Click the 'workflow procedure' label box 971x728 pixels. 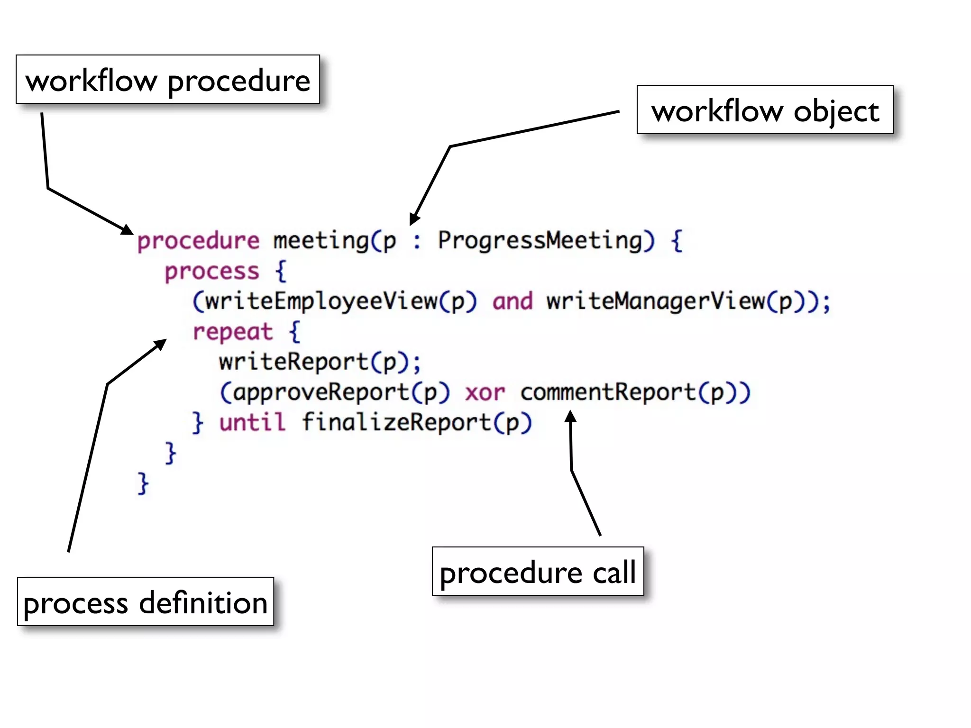[x=168, y=80]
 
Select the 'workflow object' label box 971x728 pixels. [x=765, y=110]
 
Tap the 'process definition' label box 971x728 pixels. [x=146, y=602]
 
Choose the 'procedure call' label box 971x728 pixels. [x=538, y=572]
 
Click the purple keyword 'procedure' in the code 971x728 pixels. [x=198, y=241]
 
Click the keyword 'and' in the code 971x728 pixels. [x=513, y=301]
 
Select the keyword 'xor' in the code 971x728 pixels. [x=485, y=393]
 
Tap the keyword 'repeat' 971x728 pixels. [x=233, y=332]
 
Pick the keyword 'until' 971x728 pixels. [x=253, y=422]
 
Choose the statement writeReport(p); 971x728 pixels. [x=320, y=363]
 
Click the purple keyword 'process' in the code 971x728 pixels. [x=212, y=271]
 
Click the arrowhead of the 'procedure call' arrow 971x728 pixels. [x=571, y=417]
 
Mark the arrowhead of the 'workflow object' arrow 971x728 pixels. [x=414, y=219]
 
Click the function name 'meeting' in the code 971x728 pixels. [x=321, y=241]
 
